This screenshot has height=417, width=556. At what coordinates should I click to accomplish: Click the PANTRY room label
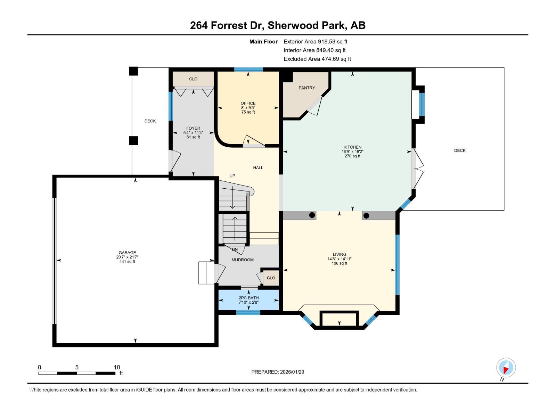pos(306,88)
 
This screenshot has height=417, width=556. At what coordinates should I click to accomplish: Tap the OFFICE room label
pos(248,103)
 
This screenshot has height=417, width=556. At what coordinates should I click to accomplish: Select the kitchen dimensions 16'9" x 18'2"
pos(352,152)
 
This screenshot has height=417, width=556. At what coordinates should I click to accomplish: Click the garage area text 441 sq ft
pos(127,262)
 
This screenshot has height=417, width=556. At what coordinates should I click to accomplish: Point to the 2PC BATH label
pos(248,298)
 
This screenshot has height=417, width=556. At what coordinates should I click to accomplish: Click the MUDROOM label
pos(243,260)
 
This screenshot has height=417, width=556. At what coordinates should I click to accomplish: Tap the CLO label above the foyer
pos(193,79)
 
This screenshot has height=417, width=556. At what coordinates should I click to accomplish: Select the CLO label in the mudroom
pos(271,278)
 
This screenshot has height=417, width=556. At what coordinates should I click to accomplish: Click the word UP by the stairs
pos(232,176)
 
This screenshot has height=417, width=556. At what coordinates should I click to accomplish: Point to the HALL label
pos(258,168)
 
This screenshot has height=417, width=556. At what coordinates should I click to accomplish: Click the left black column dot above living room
pos(312,215)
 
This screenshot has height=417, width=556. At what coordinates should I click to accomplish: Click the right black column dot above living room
pos(366,216)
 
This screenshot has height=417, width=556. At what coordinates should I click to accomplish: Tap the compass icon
pos(506,368)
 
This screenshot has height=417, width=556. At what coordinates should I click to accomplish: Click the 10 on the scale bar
pos(117,367)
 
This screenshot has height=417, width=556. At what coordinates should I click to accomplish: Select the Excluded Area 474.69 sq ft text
pos(317,59)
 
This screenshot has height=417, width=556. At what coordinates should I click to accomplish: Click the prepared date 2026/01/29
pos(292,372)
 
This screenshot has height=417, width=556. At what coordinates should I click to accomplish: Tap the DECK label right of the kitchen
pos(459,150)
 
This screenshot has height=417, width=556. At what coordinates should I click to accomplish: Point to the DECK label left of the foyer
pos(150,121)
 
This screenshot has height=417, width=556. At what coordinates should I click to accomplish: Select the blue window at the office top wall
pos(248,69)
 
